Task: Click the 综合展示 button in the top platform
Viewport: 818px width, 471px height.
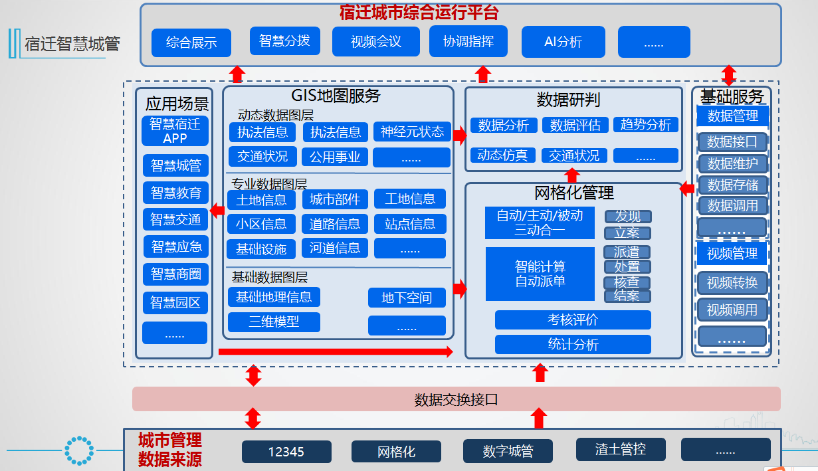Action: [x=191, y=43]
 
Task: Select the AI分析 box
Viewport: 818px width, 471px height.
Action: [x=563, y=42]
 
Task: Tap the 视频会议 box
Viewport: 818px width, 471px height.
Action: [x=376, y=42]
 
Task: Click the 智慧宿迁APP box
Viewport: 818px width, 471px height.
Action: [x=175, y=131]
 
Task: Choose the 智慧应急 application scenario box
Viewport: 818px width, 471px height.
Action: [x=175, y=246]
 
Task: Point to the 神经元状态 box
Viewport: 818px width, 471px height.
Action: [x=412, y=132]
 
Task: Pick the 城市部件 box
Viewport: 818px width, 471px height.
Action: [x=335, y=199]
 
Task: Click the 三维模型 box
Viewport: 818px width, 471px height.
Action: [x=274, y=322]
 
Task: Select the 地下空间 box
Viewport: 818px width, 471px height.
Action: [x=407, y=298]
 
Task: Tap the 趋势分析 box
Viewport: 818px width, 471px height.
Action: [x=645, y=125]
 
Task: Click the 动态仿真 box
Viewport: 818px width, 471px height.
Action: [x=502, y=155]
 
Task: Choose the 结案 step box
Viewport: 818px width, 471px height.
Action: [x=627, y=296]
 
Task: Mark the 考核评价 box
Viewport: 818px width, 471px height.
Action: [x=573, y=320]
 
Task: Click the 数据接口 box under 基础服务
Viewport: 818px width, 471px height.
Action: [x=732, y=141]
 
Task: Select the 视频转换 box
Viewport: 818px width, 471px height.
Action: [x=732, y=282]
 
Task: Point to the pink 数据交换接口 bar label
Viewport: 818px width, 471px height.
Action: [x=456, y=399]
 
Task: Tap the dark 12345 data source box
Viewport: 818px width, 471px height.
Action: [x=286, y=452]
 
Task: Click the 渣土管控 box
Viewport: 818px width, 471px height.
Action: [x=620, y=449]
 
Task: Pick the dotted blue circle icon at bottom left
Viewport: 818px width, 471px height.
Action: [x=79, y=450]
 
